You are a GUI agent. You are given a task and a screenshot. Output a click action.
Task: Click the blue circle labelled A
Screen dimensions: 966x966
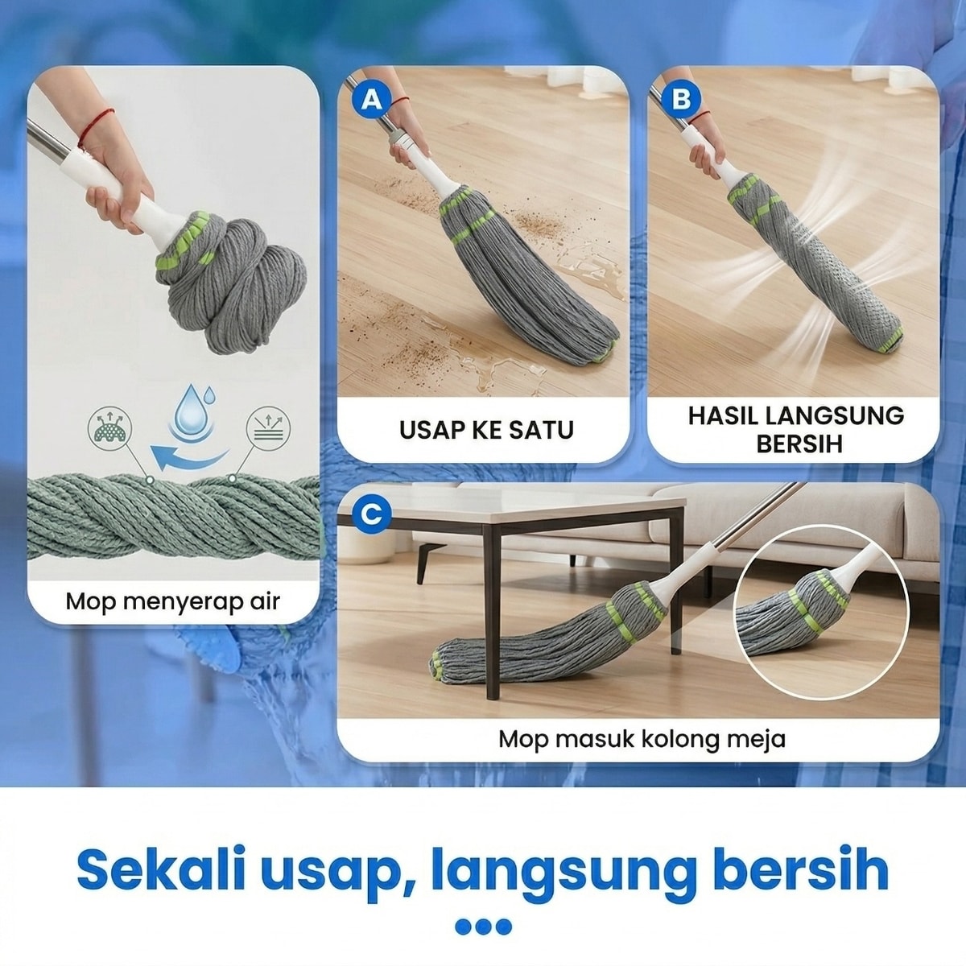(x=371, y=101)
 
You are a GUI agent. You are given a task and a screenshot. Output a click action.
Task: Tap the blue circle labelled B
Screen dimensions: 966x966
(x=681, y=99)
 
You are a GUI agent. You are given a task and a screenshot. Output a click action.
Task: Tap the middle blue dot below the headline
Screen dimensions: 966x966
(x=483, y=927)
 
